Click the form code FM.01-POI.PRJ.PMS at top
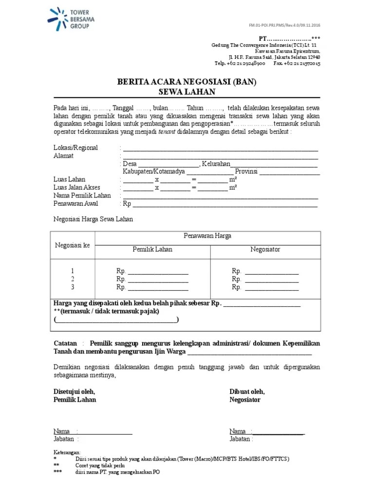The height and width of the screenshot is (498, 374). click(284, 25)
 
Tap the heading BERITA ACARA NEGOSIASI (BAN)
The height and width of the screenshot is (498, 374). click(187, 83)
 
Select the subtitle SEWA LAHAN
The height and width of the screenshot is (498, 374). click(187, 92)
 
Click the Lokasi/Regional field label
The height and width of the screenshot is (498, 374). click(75, 148)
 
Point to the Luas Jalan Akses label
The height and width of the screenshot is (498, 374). click(77, 187)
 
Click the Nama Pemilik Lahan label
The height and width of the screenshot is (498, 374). click(82, 196)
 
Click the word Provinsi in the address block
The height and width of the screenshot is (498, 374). click(247, 172)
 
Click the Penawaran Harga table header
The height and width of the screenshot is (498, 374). click(207, 236)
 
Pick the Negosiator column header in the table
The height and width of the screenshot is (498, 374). click(265, 249)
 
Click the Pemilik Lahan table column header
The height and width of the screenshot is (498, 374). click(152, 249)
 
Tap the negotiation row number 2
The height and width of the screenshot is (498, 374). click(73, 279)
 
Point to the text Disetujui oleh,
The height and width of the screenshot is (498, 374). click(74, 391)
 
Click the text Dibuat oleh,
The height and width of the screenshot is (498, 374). click(247, 391)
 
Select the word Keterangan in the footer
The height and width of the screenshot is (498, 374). click(67, 452)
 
